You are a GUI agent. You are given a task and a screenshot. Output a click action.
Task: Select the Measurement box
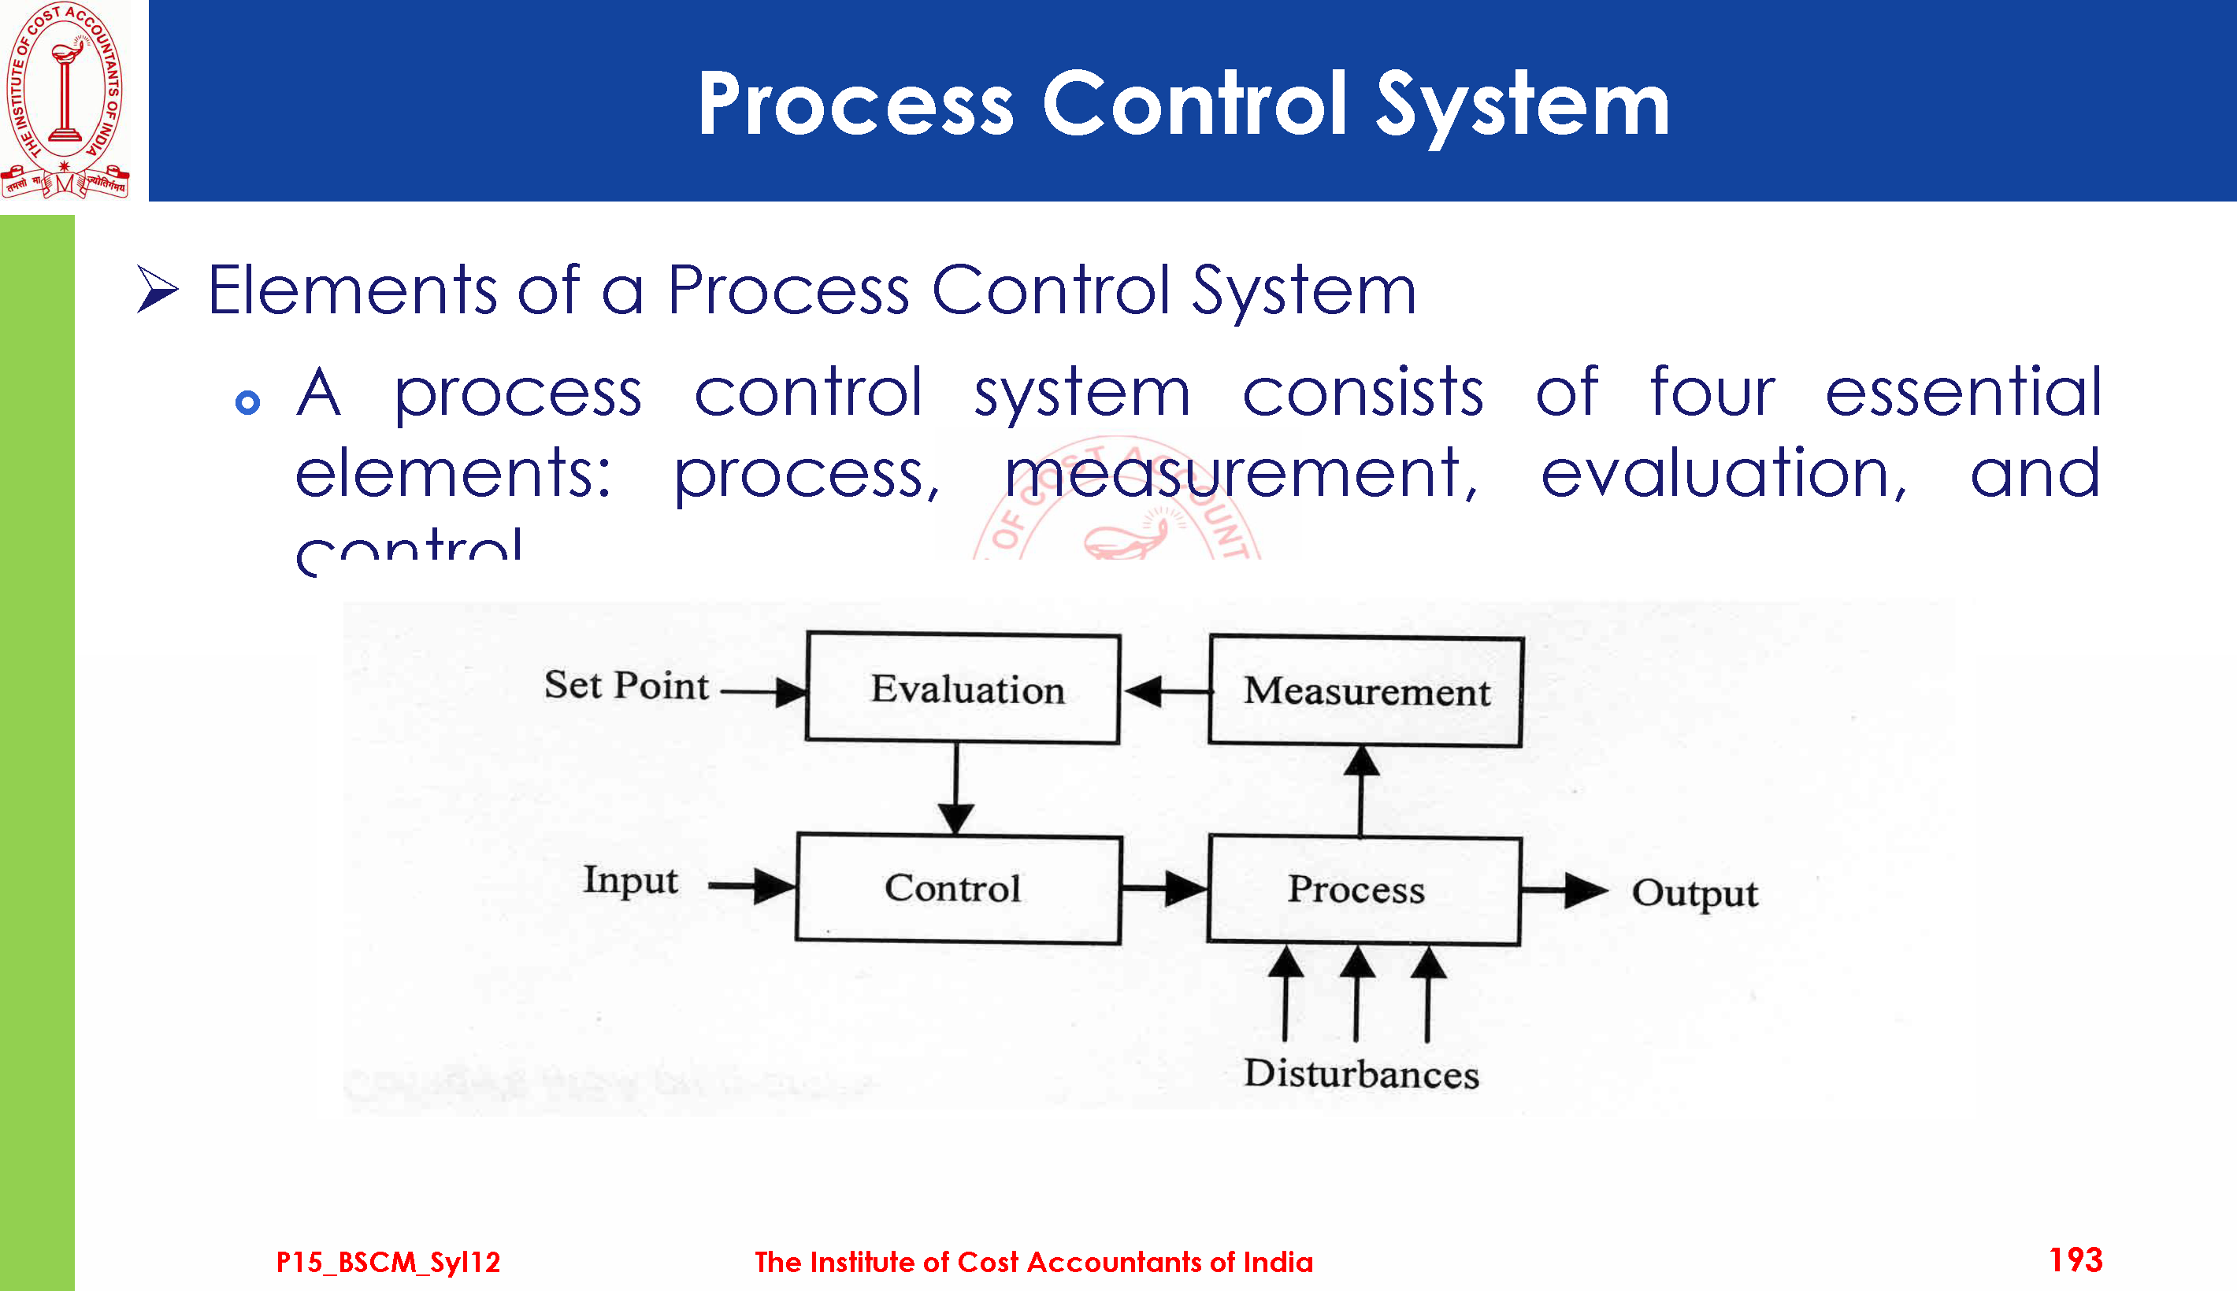[x=1366, y=692]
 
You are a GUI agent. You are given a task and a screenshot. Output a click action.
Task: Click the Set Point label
[x=626, y=686]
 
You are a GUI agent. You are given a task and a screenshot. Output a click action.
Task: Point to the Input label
[x=630, y=880]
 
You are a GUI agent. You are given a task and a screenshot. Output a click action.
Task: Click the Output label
[x=1694, y=893]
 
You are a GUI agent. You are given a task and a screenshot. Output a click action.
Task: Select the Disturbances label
[x=1360, y=1074]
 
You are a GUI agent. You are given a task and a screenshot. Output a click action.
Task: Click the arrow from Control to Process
[x=1163, y=888]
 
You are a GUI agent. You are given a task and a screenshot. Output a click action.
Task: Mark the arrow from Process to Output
[x=1564, y=890]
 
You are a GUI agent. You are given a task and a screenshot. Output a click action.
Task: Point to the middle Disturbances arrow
[x=1356, y=993]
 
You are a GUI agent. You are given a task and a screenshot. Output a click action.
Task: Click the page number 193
[x=2075, y=1260]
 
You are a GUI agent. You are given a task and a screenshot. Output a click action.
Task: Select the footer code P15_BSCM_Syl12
[x=388, y=1262]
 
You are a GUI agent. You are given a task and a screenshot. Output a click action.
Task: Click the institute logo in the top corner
[x=65, y=99]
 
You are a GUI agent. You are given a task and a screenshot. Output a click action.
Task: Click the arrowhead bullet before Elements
[x=158, y=290]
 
